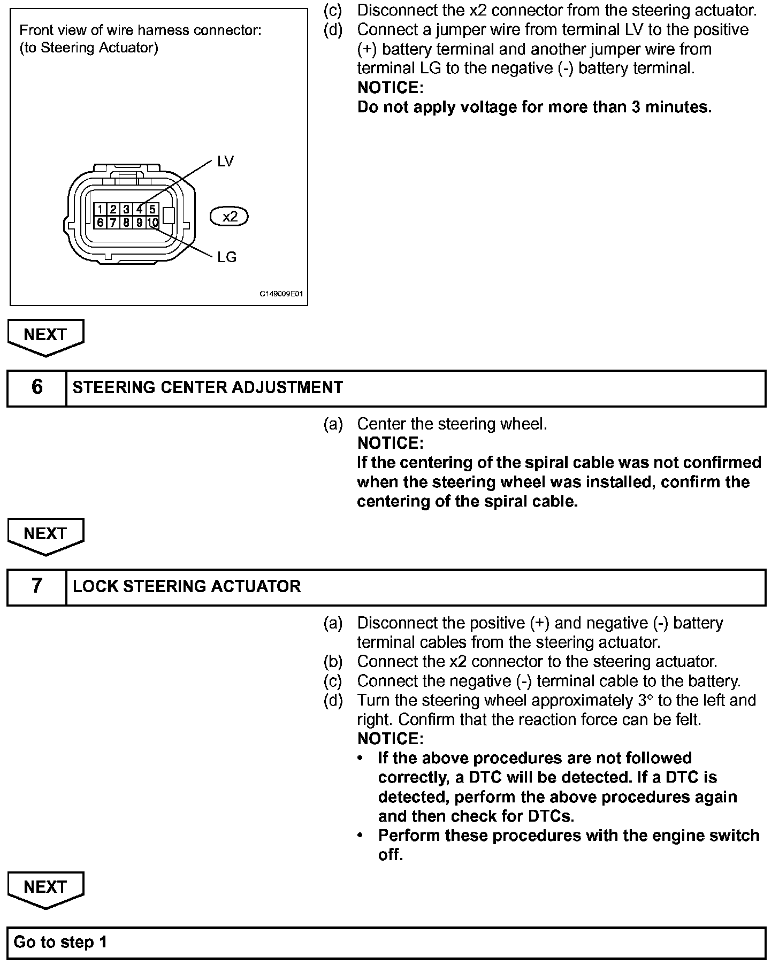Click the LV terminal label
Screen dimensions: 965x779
[225, 162]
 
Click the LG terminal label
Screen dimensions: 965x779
[227, 257]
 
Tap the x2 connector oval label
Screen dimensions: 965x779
[230, 217]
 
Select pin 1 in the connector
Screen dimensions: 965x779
[100, 209]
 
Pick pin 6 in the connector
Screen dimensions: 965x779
[100, 223]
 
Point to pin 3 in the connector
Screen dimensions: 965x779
[126, 209]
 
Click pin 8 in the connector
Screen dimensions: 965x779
[126, 223]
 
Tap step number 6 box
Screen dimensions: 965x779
[36, 387]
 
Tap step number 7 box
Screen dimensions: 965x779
[36, 586]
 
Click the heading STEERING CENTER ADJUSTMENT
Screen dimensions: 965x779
[208, 387]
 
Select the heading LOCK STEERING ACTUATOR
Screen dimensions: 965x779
[187, 586]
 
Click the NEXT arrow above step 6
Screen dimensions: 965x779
[45, 336]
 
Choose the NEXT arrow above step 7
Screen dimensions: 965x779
[45, 535]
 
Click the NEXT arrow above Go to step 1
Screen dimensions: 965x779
[45, 889]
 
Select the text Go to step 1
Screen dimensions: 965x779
[60, 942]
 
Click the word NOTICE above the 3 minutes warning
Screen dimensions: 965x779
[390, 88]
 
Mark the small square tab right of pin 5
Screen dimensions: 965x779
[169, 216]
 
